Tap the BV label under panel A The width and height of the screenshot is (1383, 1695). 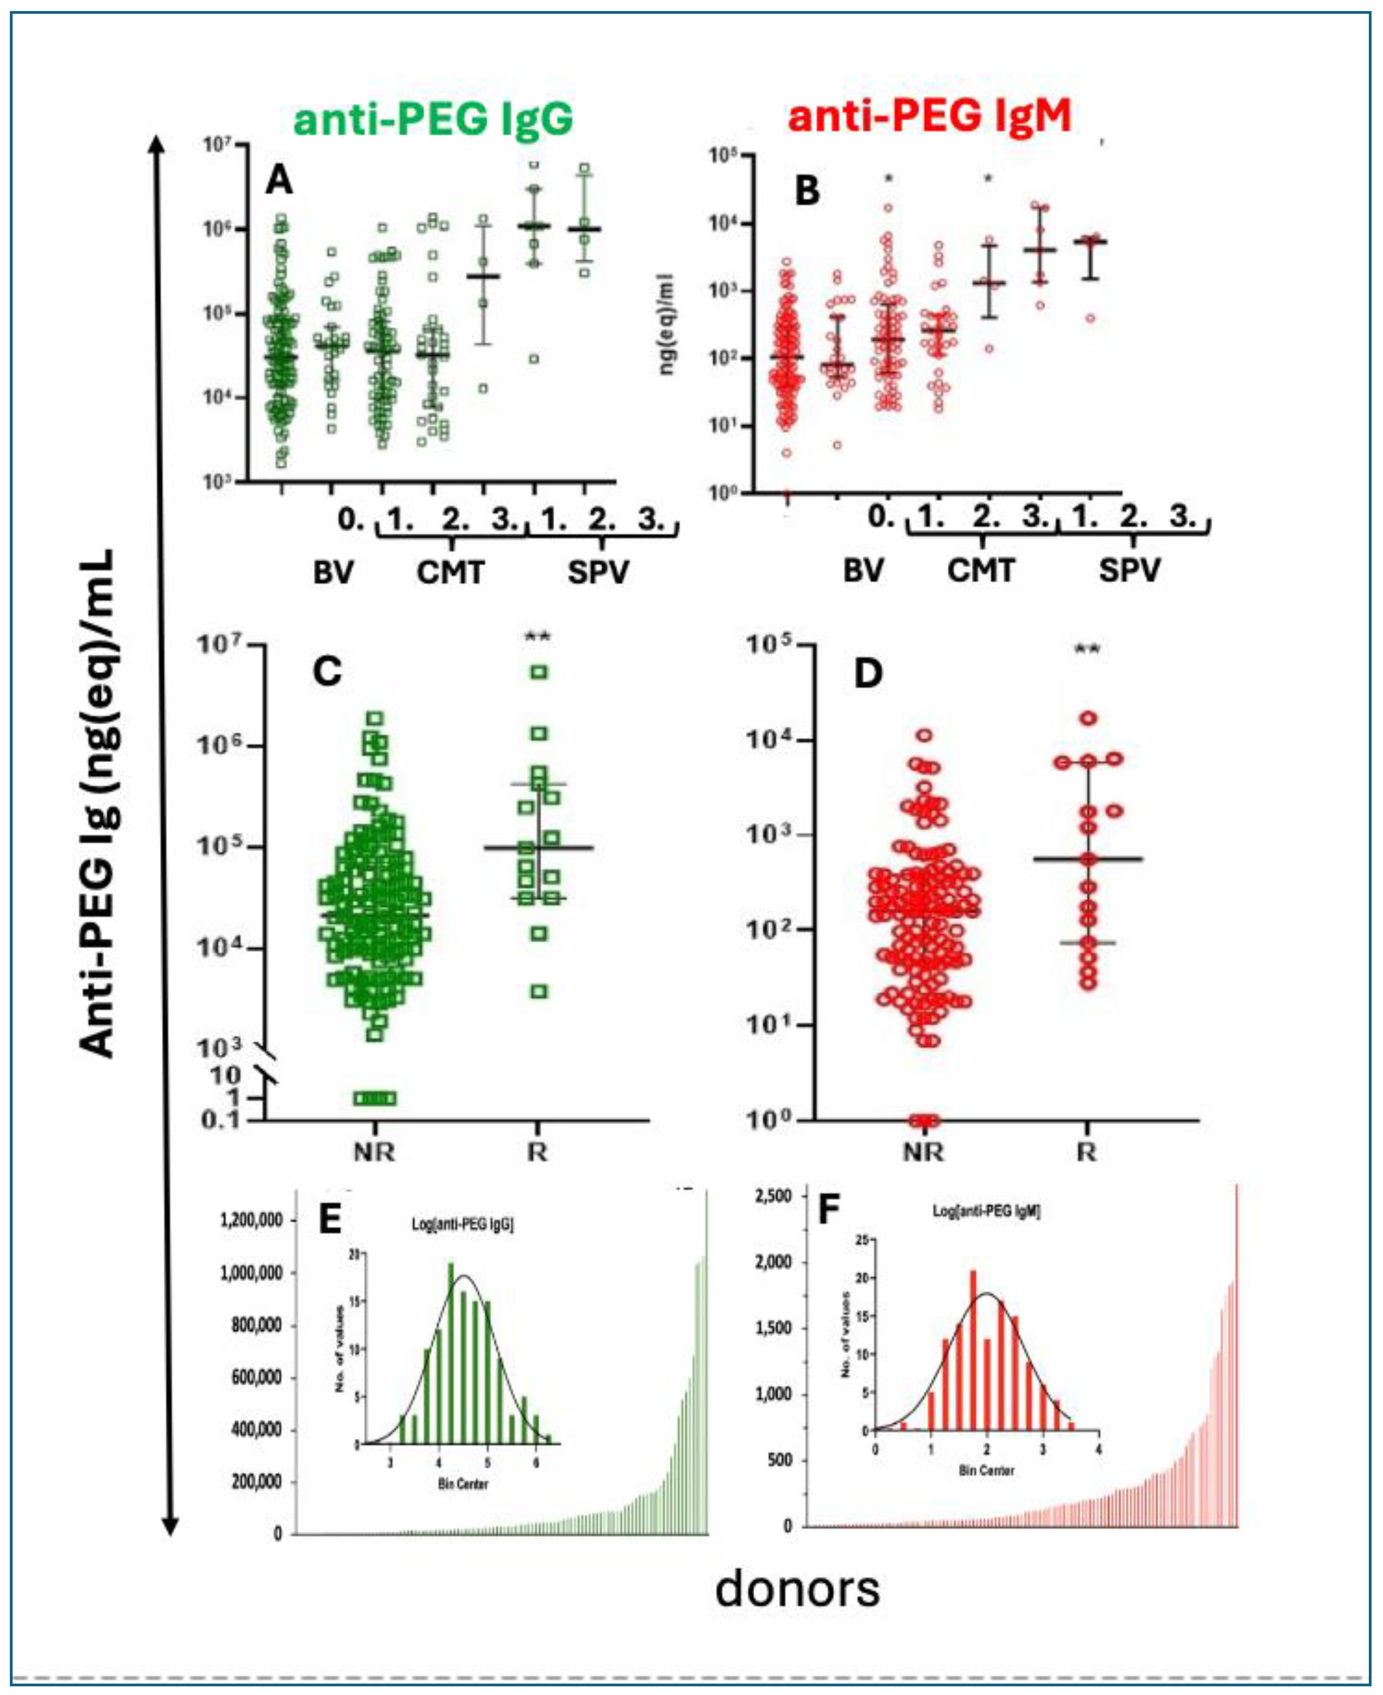(x=333, y=572)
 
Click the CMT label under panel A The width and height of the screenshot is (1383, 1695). (x=450, y=572)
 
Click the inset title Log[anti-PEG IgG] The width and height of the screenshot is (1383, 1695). (x=462, y=1224)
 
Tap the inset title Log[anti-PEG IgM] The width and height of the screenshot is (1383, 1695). (x=986, y=1212)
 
